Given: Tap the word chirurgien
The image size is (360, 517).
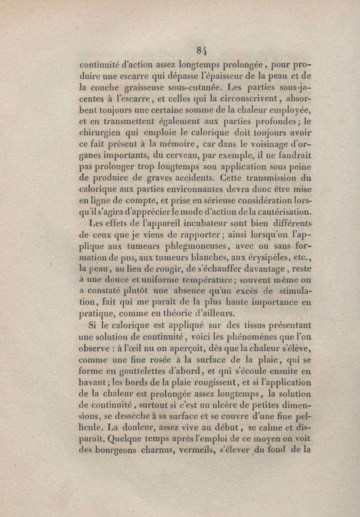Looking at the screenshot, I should click(x=101, y=132).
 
